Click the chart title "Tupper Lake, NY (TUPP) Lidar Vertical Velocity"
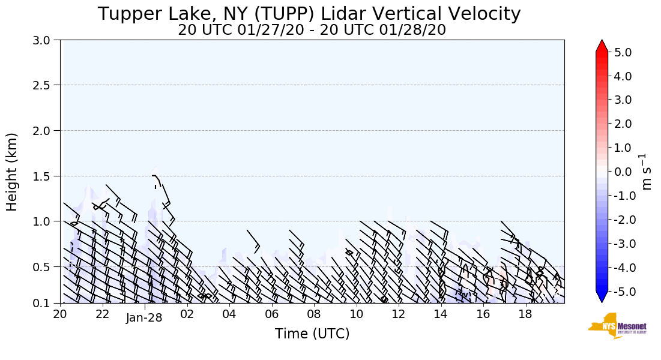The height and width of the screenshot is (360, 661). coord(309,13)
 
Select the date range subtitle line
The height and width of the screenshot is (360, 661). coord(312,30)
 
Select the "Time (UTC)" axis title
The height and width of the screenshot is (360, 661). coord(312,334)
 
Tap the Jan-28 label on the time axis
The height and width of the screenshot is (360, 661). coord(144,318)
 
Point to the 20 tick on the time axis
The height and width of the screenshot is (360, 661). coord(60,314)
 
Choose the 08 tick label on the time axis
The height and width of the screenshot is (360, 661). coord(314,314)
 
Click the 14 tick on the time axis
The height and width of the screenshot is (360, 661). coord(441,314)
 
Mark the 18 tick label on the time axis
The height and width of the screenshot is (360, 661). coord(525,314)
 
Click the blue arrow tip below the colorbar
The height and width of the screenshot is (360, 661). coord(602,298)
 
